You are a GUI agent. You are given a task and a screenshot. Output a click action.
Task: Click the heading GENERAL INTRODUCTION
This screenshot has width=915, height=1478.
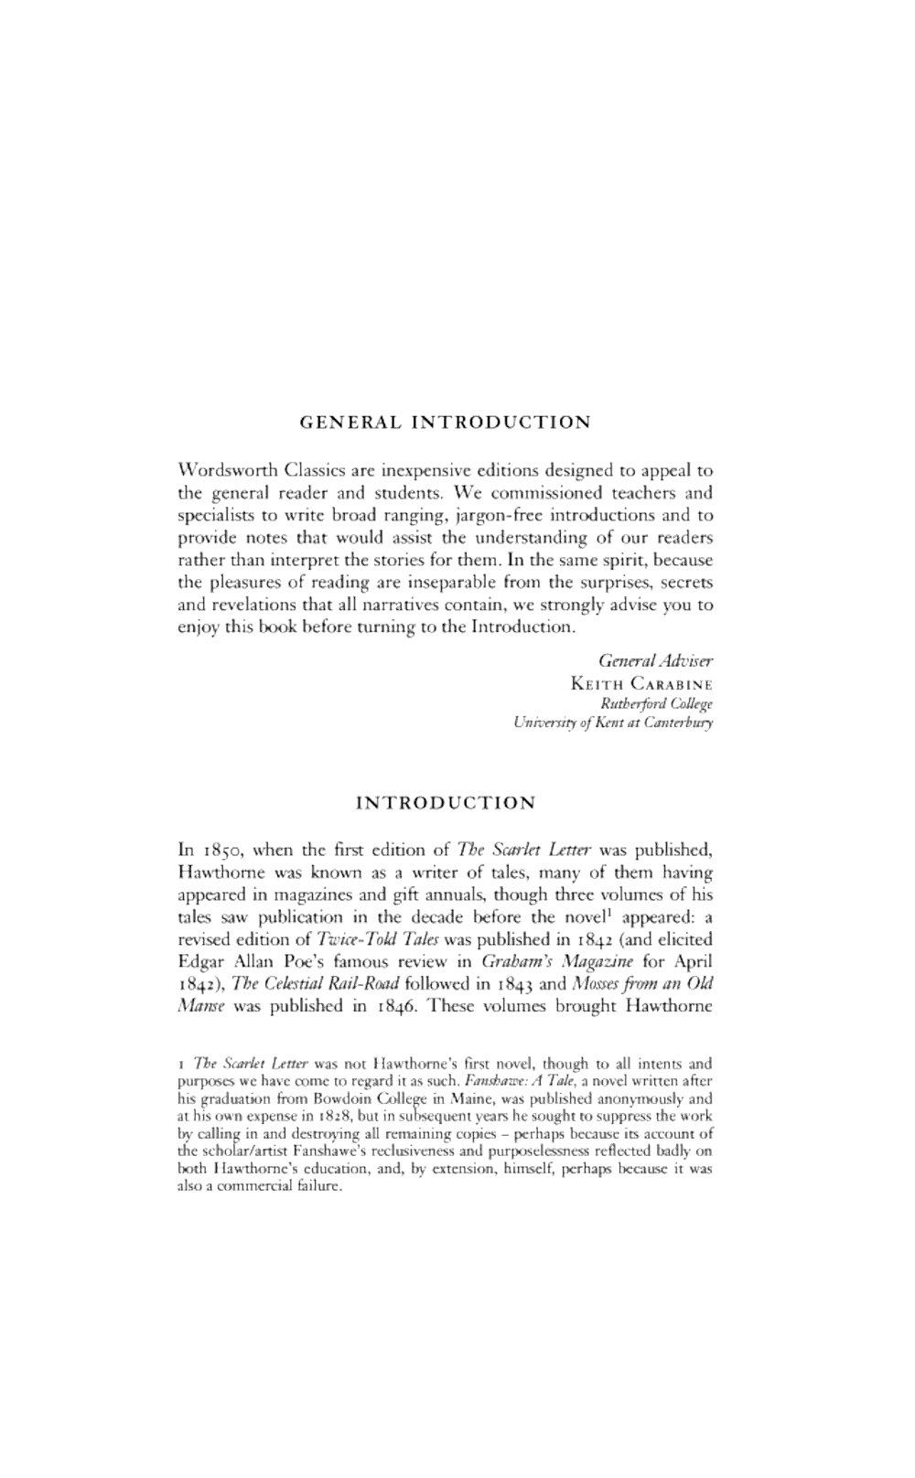(x=446, y=423)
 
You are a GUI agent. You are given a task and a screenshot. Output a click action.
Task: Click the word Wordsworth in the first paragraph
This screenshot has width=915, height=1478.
(x=225, y=471)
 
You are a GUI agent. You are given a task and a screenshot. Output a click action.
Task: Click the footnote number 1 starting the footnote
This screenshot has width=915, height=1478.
(x=182, y=1065)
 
